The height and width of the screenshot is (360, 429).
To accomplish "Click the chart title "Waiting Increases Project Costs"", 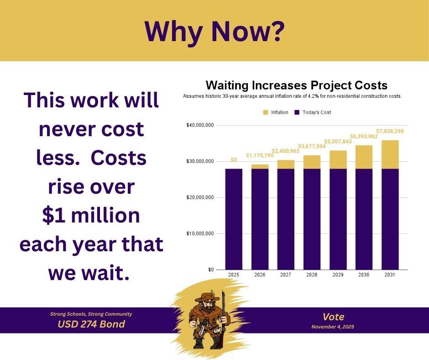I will (x=296, y=85).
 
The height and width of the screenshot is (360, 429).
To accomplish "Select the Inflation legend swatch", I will (x=266, y=112).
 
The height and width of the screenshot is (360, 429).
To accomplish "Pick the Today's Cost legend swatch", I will (x=297, y=112).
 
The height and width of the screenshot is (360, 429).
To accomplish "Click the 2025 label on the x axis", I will (x=234, y=275).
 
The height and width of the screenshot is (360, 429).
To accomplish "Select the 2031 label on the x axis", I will (x=390, y=275).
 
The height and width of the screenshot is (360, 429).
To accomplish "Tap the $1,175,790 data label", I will (x=260, y=156).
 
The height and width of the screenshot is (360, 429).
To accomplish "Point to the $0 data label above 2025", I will (x=234, y=160).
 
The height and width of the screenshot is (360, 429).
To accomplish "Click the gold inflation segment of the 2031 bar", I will (x=390, y=154).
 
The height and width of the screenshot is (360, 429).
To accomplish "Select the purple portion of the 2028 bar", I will (x=312, y=219).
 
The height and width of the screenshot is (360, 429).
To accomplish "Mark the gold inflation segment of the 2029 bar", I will (x=338, y=159).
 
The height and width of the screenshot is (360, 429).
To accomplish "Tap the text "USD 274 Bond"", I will (x=91, y=324).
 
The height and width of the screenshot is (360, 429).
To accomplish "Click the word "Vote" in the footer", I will (x=333, y=317).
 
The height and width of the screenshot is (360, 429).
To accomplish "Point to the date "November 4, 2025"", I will (x=333, y=327).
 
